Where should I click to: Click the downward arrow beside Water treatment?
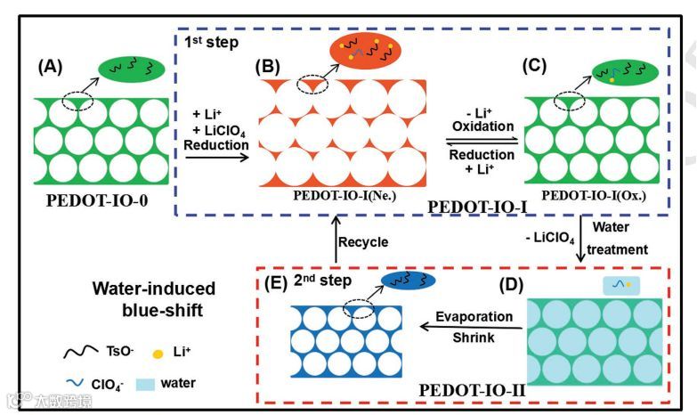(x=582, y=240)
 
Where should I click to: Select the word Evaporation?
(x=474, y=317)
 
